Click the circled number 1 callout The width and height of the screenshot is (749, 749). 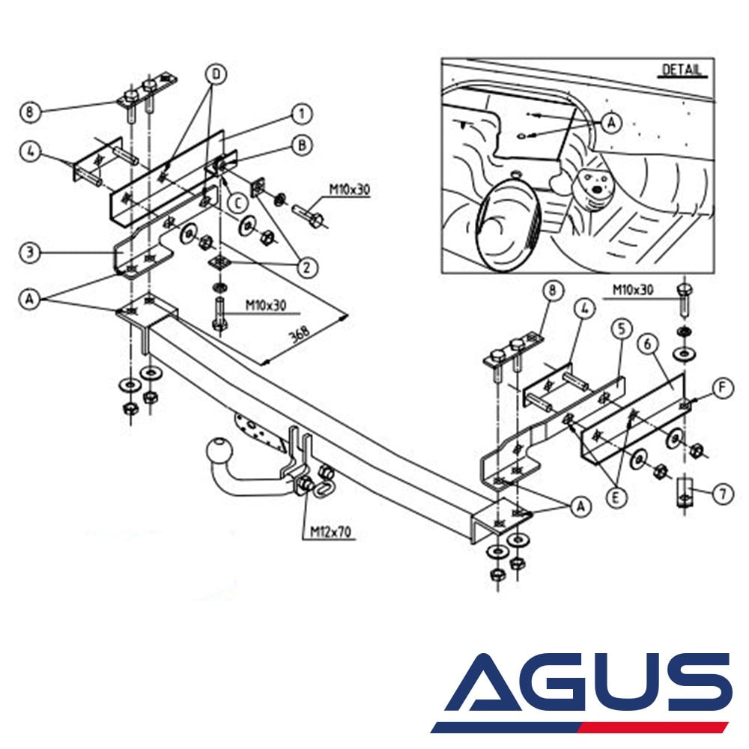(x=301, y=114)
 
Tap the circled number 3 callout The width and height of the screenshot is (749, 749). (x=29, y=252)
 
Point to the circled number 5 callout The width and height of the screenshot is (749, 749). (x=618, y=328)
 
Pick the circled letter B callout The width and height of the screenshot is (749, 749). (x=301, y=145)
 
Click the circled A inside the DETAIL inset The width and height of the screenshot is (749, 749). (x=613, y=122)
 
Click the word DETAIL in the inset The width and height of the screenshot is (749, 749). (x=682, y=70)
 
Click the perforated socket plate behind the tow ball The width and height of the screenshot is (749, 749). (x=258, y=432)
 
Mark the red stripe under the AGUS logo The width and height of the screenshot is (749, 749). (x=659, y=727)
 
